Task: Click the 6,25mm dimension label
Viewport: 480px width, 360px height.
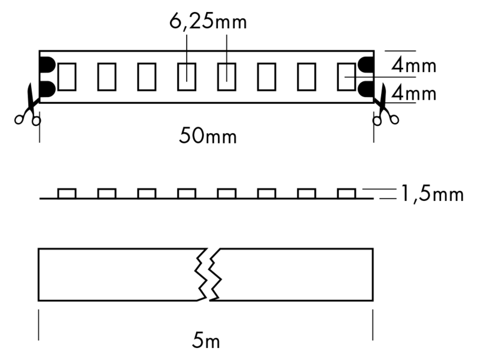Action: [x=208, y=23]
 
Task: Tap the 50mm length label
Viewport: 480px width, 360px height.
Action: [x=208, y=136]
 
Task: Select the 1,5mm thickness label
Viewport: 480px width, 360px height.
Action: [x=431, y=194]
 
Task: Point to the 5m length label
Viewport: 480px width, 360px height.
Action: [x=206, y=342]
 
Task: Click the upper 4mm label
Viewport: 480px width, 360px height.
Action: [x=413, y=65]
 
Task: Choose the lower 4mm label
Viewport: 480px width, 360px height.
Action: [x=413, y=94]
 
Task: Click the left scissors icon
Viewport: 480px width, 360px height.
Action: [x=28, y=107]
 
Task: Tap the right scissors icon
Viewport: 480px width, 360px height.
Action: [x=385, y=107]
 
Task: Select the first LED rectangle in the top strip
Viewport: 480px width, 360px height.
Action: [x=67, y=76]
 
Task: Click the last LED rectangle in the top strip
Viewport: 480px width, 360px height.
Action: [x=346, y=76]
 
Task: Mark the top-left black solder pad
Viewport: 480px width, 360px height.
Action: [x=46, y=64]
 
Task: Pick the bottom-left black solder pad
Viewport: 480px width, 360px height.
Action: [x=46, y=89]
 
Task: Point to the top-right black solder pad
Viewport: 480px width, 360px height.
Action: [x=365, y=64]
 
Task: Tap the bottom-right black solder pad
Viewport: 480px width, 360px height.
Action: [x=365, y=89]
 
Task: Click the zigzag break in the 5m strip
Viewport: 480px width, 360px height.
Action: [x=207, y=274]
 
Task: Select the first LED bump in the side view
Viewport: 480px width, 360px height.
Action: [x=67, y=193]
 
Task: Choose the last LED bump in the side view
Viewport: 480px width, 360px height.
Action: [x=346, y=193]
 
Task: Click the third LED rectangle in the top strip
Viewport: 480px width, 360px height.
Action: [x=146, y=76]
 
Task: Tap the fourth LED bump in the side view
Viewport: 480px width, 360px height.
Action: [x=187, y=193]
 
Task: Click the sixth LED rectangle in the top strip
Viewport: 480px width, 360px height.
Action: [x=266, y=76]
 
